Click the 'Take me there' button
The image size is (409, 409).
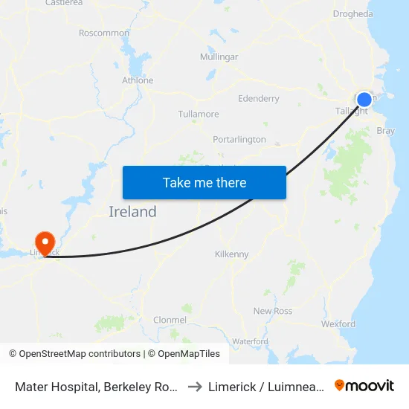pos(204,182)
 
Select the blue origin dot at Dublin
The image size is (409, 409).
pos(364,100)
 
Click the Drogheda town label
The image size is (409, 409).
pos(354,14)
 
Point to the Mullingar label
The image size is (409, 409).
pos(219,57)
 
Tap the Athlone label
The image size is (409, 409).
pos(138,80)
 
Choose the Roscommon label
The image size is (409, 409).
pos(104,33)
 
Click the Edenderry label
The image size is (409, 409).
pos(258,98)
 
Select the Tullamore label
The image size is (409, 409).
pos(199,115)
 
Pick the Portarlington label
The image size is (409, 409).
pos(239,140)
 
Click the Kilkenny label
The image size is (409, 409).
pos(231,254)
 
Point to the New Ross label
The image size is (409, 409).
pos(273,311)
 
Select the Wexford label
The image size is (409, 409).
pos(338,324)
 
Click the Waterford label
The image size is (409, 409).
pos(250,341)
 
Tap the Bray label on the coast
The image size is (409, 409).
pos(386,130)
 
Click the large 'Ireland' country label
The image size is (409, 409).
pos(132,212)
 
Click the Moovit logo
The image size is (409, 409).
pos(364,386)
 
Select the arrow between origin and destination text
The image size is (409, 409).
pos(195,387)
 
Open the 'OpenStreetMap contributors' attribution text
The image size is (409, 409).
pos(80,354)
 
